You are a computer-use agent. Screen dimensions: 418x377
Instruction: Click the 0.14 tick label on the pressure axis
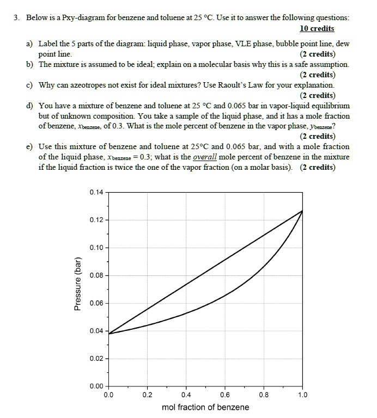coord(95,192)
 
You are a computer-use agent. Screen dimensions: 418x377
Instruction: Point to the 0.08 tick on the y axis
coord(95,275)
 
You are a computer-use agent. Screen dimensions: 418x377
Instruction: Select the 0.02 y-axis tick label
coord(95,359)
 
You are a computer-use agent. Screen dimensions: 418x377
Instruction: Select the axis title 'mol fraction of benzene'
coord(205,407)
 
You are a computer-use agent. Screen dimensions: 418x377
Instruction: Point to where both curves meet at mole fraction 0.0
coord(108,333)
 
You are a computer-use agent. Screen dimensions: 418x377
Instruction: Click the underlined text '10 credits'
coord(317,28)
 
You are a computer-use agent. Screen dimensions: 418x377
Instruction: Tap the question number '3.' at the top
coord(18,17)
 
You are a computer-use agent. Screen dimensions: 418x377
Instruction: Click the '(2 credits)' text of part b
coord(317,75)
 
